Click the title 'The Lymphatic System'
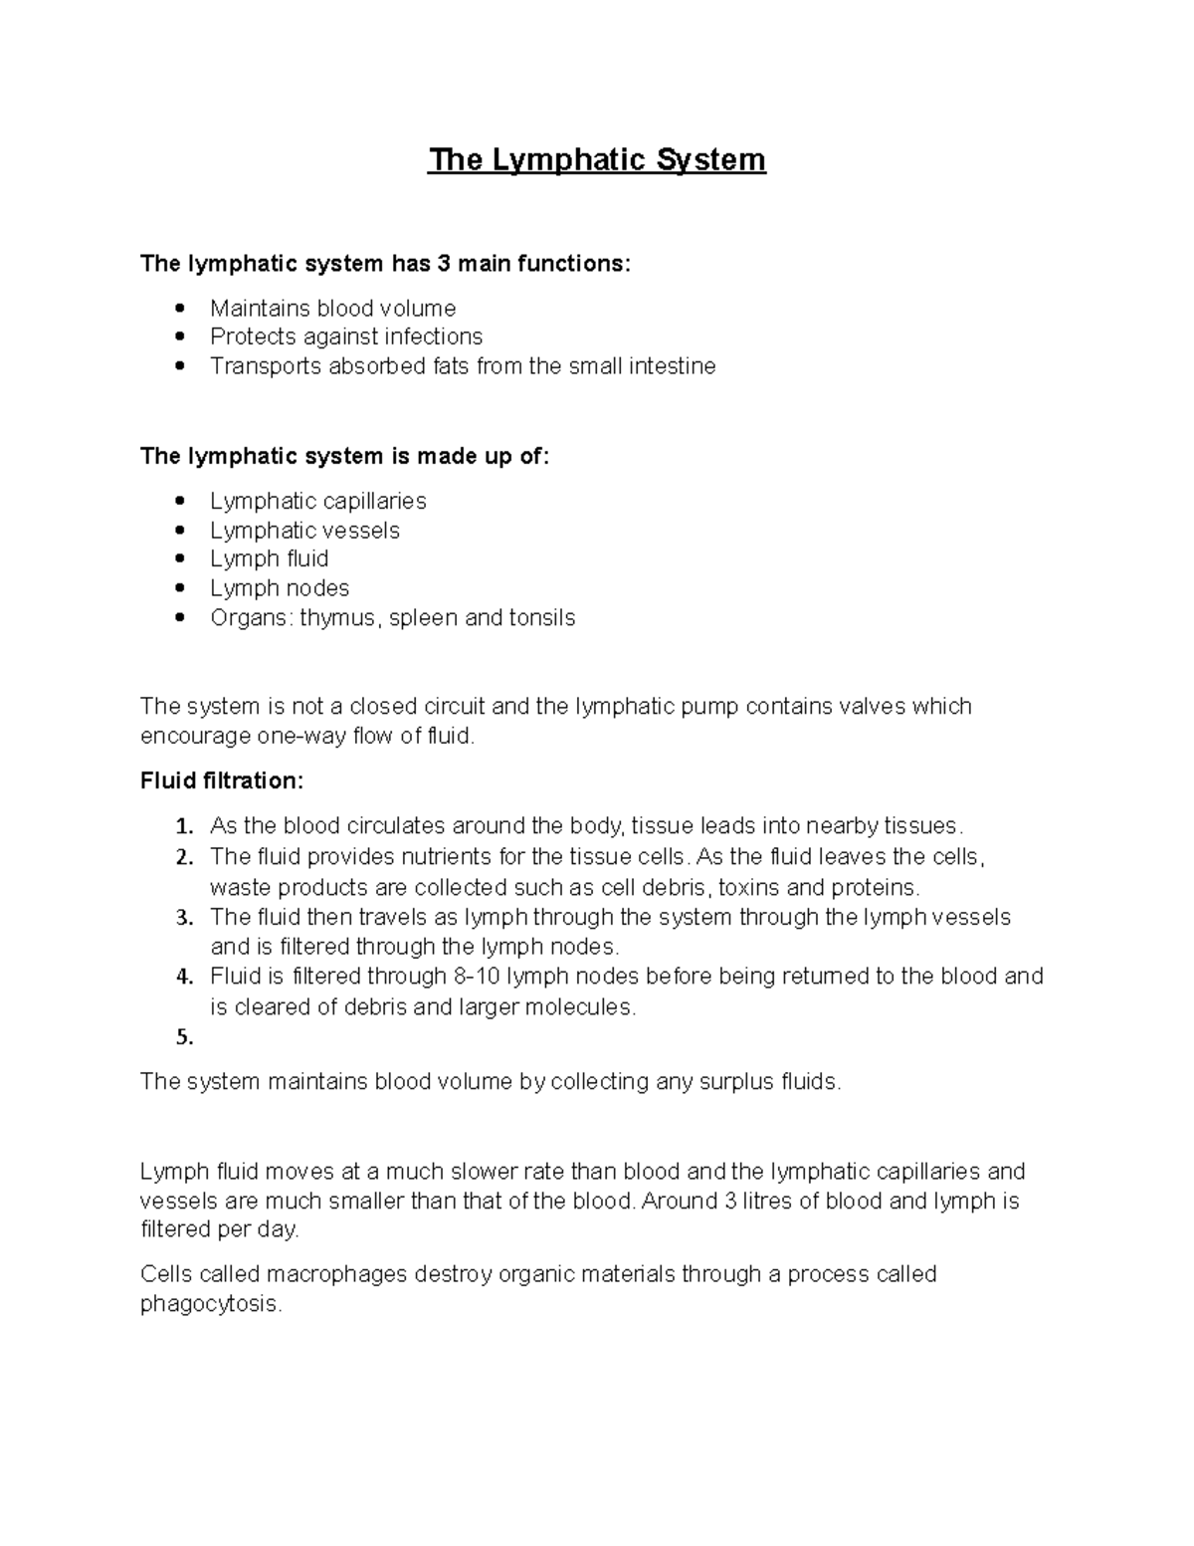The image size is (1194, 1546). pos(597,160)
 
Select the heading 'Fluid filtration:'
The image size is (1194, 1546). pos(222,780)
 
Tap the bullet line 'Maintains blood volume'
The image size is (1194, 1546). pos(332,308)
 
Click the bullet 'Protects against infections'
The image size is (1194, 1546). pos(345,336)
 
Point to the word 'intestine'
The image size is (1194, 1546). pos(675,366)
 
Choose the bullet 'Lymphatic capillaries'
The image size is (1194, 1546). pos(317,501)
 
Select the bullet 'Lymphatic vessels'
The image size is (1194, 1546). pos(304,530)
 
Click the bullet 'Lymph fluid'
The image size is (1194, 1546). pos(269,558)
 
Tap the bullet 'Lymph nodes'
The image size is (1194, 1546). pos(279,588)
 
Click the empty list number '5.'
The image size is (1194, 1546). pos(184,1037)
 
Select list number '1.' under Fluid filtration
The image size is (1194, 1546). pos(184,827)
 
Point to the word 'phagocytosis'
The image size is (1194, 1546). pos(209,1304)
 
